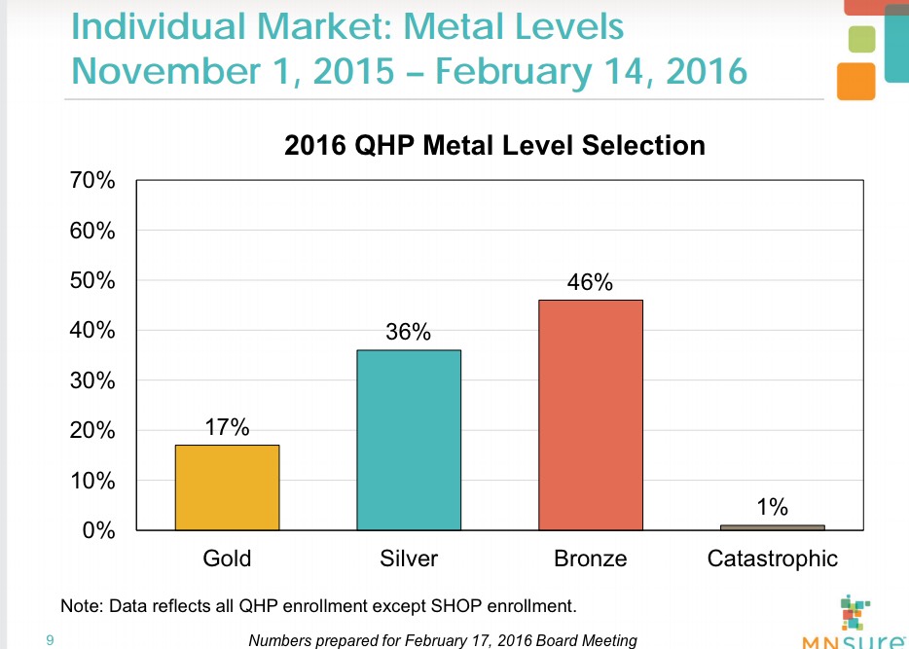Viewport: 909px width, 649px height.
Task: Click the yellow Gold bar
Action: point(227,487)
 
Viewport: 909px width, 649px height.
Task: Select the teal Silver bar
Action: point(409,440)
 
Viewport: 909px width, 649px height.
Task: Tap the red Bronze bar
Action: point(591,415)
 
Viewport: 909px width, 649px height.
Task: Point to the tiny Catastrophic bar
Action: point(773,527)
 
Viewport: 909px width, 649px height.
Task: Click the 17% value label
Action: point(227,427)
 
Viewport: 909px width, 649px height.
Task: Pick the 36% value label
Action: point(409,333)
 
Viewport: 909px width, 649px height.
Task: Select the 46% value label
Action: point(591,283)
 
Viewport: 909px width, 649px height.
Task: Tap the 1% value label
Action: point(773,507)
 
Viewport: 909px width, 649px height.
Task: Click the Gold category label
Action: point(227,559)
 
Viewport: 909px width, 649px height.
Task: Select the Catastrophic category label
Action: point(773,559)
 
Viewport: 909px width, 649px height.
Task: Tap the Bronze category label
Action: point(591,559)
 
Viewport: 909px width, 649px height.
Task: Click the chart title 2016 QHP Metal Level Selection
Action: point(493,146)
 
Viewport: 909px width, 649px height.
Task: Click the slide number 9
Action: point(50,639)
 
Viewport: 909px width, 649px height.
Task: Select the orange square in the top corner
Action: point(855,80)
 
